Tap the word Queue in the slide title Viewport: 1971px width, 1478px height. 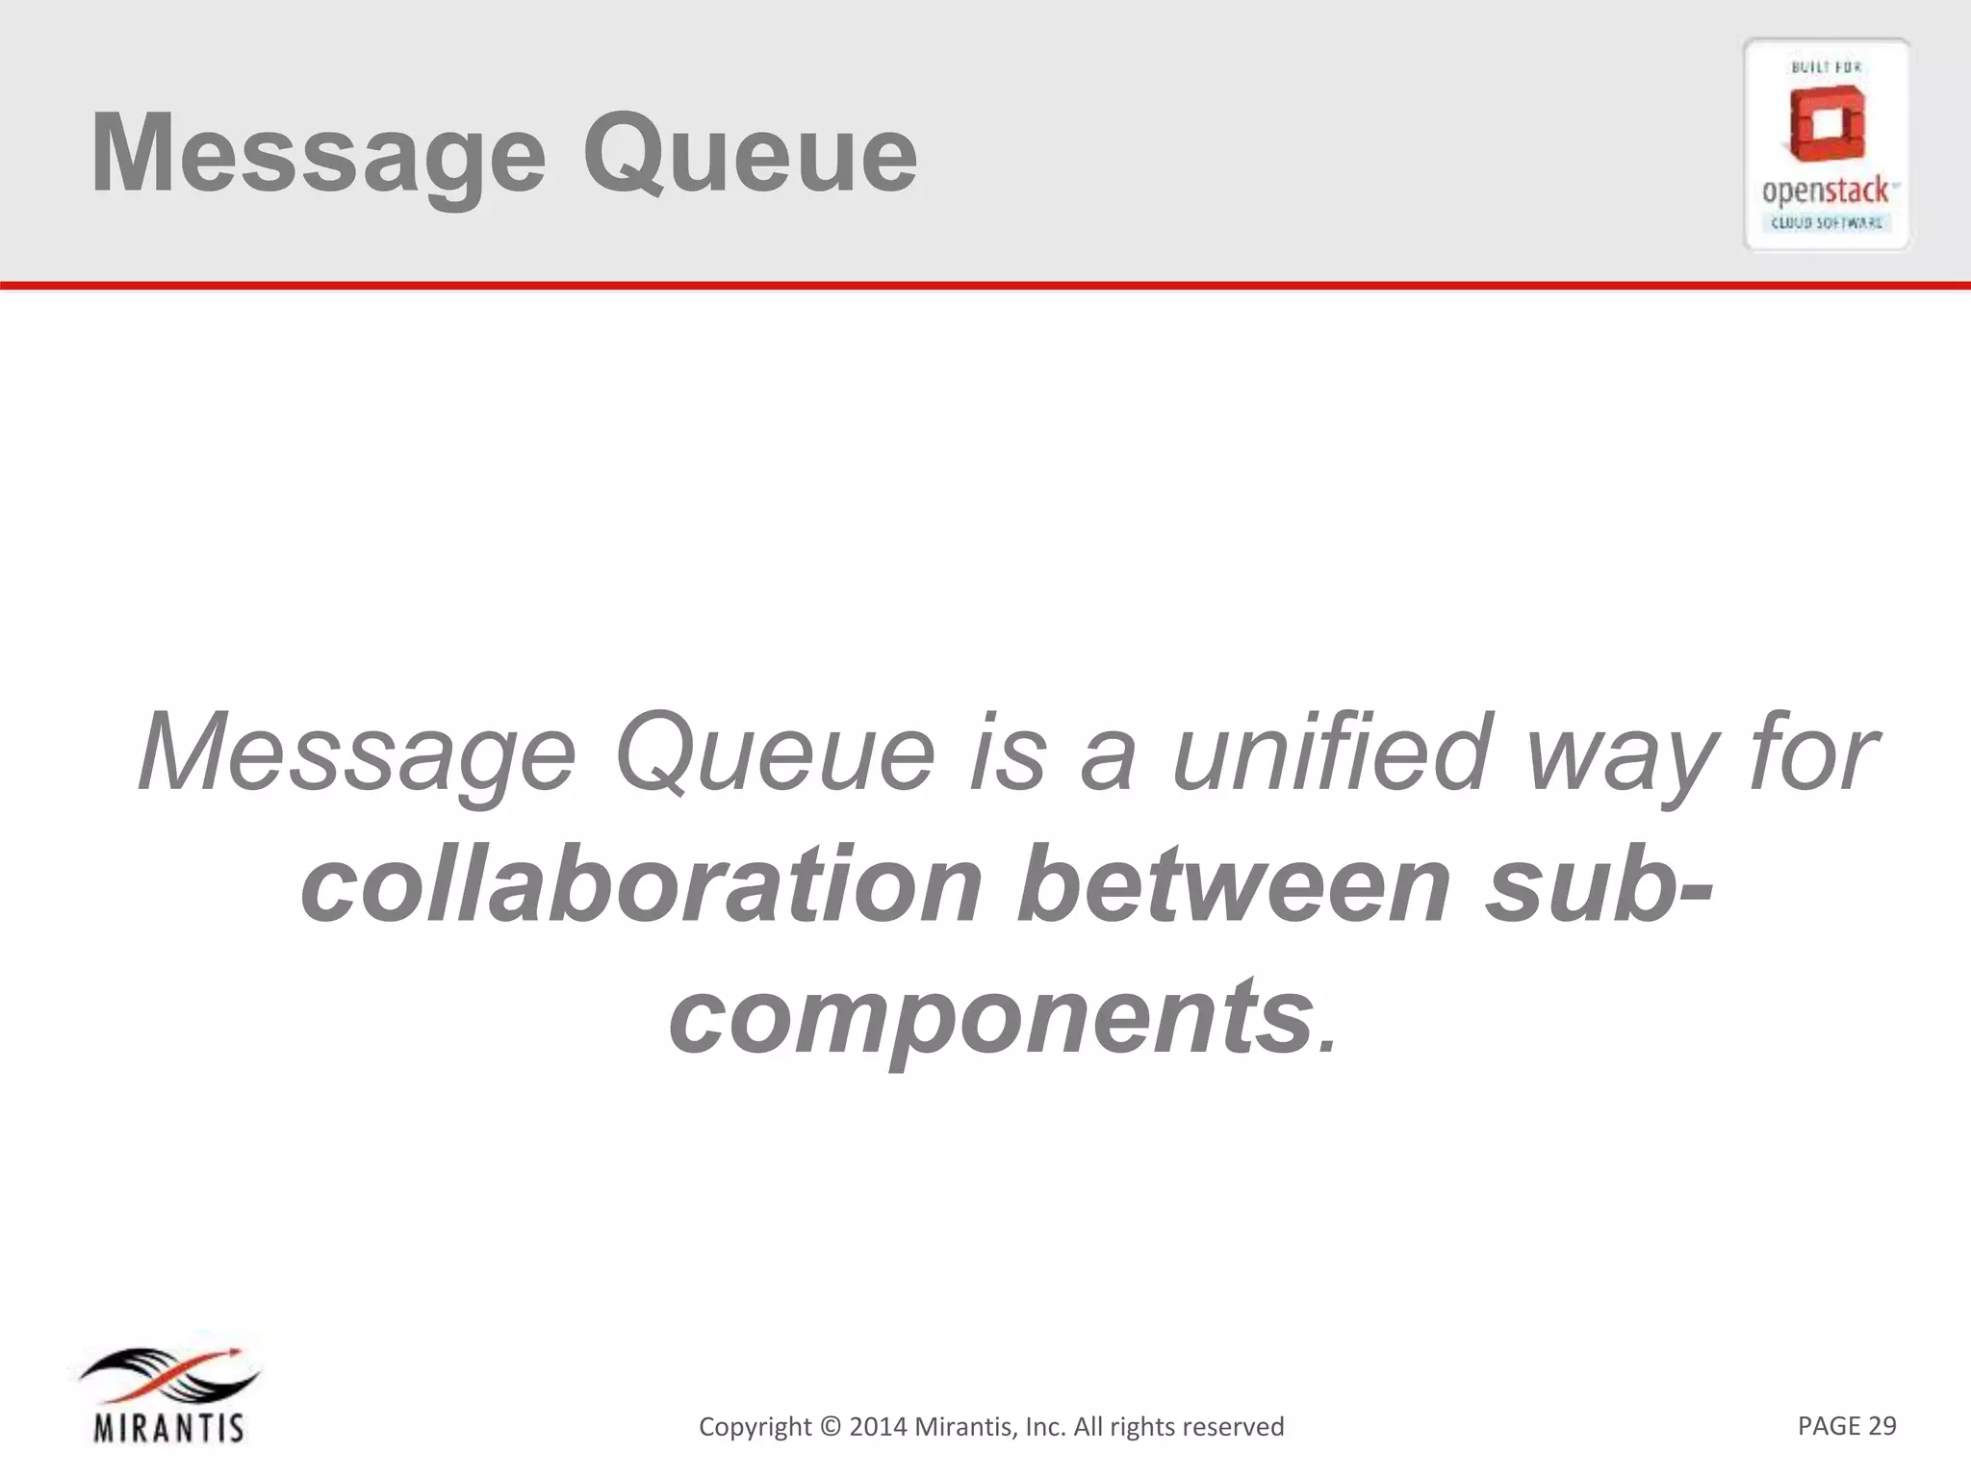click(x=750, y=154)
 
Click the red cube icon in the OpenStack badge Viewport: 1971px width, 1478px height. click(x=1827, y=124)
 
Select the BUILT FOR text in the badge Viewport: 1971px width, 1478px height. click(x=1826, y=67)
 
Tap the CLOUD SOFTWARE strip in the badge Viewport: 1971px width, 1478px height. click(x=1827, y=223)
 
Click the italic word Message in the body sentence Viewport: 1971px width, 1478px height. click(x=356, y=752)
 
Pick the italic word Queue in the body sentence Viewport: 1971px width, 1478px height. click(x=774, y=752)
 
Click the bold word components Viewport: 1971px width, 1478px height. click(x=991, y=1016)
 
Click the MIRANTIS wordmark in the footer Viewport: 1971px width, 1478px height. click(x=169, y=1427)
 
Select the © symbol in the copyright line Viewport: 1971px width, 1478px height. click(x=829, y=1426)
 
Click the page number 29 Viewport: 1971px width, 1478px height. click(x=1881, y=1425)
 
